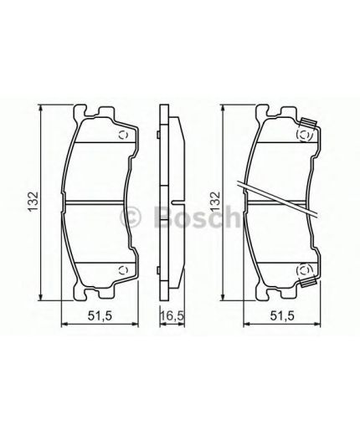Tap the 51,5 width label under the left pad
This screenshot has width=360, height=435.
pyautogui.click(x=100, y=315)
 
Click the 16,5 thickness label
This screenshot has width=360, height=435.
pyautogui.click(x=171, y=315)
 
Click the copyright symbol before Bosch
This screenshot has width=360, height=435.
pyautogui.click(x=131, y=217)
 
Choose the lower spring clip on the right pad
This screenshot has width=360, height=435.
pyautogui.click(x=307, y=271)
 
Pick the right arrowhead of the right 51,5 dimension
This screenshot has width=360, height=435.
pyautogui.click(x=321, y=327)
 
